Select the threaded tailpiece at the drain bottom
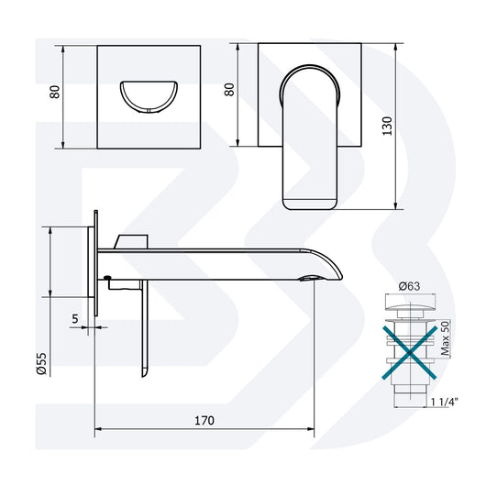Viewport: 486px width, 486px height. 403,394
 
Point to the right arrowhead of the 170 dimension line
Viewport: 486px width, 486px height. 310,429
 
